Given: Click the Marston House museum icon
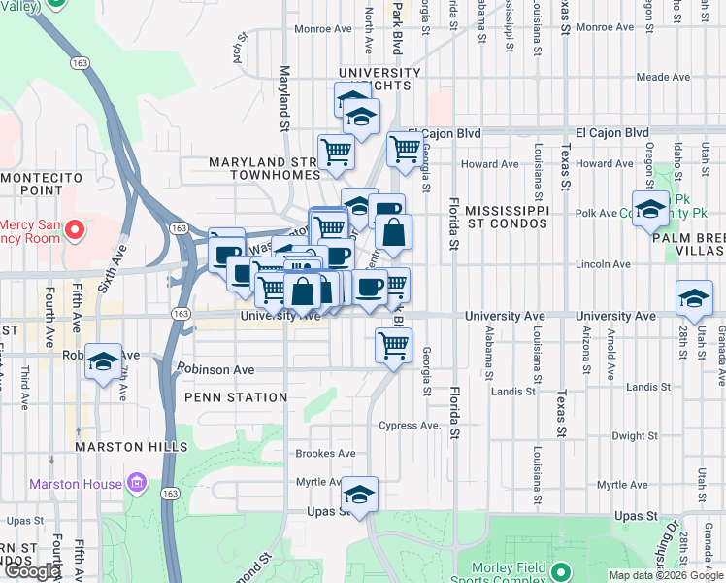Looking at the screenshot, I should pyautogui.click(x=136, y=483).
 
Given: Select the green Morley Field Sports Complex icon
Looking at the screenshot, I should pyautogui.click(x=559, y=570).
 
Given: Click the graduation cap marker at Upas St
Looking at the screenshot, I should pyautogui.click(x=359, y=495).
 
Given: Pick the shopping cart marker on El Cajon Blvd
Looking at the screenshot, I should pyautogui.click(x=405, y=150).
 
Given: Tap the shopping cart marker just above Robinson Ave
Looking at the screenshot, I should pyautogui.click(x=393, y=345).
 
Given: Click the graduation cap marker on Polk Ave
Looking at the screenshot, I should pyautogui.click(x=649, y=209).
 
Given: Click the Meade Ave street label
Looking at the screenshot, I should pyautogui.click(x=662, y=77).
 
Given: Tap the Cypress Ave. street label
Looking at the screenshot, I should pyautogui.click(x=411, y=426).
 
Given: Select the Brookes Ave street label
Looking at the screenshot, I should pyautogui.click(x=326, y=454).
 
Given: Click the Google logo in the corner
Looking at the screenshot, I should pyautogui.click(x=32, y=571).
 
